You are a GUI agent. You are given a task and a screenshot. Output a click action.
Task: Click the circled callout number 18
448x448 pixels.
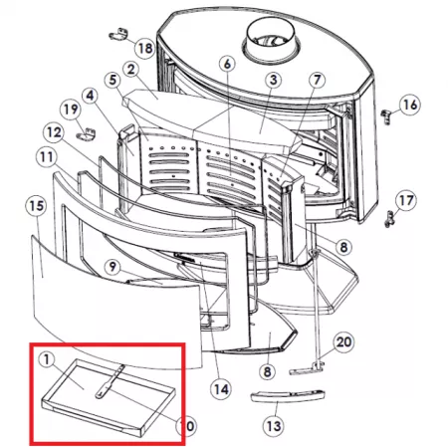pyautogui.click(x=145, y=49)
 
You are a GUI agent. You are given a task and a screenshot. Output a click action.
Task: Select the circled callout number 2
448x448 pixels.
pyautogui.click(x=131, y=70)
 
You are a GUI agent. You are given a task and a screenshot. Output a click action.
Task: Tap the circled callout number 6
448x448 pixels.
pyautogui.click(x=227, y=64)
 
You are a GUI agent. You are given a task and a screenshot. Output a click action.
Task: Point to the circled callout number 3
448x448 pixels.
pyautogui.click(x=273, y=80)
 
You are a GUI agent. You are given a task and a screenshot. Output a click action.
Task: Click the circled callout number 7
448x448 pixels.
pyautogui.click(x=318, y=80)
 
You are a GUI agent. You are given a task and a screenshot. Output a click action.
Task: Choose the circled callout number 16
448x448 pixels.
pyautogui.click(x=410, y=105)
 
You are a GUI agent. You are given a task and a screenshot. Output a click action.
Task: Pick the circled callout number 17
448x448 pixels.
pyautogui.click(x=406, y=200)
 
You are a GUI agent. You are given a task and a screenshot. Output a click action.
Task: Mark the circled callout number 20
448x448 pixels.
pyautogui.click(x=343, y=342)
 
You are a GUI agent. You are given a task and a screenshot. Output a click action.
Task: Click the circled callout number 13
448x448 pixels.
pyautogui.click(x=274, y=425)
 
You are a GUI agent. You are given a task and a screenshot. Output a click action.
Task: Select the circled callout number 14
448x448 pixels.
pyautogui.click(x=221, y=389)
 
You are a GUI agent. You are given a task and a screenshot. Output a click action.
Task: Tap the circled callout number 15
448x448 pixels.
pyautogui.click(x=37, y=206)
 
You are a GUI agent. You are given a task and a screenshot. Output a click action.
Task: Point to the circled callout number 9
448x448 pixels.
pyautogui.click(x=112, y=267)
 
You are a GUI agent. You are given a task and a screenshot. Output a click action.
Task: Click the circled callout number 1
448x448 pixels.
pyautogui.click(x=47, y=359)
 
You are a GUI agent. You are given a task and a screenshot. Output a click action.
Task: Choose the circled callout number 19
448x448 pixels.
pyautogui.click(x=71, y=110)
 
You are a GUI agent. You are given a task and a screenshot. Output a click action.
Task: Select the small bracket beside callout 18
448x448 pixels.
pyautogui.click(x=118, y=34)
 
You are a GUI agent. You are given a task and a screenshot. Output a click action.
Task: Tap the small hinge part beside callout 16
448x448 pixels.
pyautogui.click(x=386, y=116)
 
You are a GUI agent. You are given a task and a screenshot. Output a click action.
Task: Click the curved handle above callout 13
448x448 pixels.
pyautogui.click(x=288, y=395)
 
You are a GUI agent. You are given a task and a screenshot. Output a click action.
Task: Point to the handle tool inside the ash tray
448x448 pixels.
pyautogui.click(x=110, y=381)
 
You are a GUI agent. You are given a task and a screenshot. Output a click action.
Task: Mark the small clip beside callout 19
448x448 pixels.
pyautogui.click(x=87, y=133)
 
